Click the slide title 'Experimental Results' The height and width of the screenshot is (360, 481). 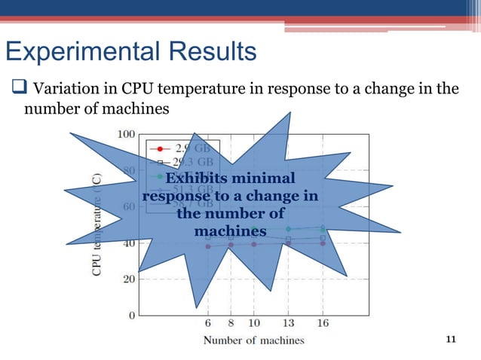pos(130,53)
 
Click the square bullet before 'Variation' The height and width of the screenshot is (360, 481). pos(15,90)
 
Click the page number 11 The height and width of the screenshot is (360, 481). pos(452,340)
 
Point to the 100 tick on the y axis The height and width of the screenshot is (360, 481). pos(125,133)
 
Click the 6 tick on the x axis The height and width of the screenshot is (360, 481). pos(208,324)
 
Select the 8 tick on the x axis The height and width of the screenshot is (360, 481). pos(231,324)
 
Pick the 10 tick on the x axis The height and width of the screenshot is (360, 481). pos(254,324)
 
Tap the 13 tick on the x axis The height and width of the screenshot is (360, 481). pos(288,324)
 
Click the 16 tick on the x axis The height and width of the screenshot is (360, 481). pos(323,324)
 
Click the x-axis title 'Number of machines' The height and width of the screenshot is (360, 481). pos(254,340)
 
